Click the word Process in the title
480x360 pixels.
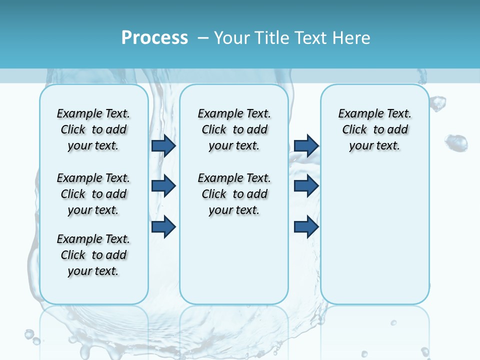pos(154,38)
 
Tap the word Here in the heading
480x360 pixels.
pos(352,38)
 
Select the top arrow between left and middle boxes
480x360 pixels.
pos(163,145)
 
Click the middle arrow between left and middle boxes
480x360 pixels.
pos(163,186)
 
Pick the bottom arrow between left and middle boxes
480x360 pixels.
pos(163,226)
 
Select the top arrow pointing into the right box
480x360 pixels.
pos(306,145)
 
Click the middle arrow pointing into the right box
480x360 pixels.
pos(306,186)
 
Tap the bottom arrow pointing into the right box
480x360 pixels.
pos(306,226)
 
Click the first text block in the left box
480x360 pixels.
pos(93,129)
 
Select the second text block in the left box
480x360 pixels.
pos(93,194)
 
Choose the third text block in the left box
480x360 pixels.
pos(93,255)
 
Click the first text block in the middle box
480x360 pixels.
pos(234,129)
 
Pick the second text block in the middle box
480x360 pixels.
pos(234,194)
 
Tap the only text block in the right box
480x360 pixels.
pos(374,129)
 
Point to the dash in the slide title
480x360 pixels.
pos(203,38)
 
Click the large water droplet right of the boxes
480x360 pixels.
pos(456,143)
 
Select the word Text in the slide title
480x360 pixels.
pos(313,38)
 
